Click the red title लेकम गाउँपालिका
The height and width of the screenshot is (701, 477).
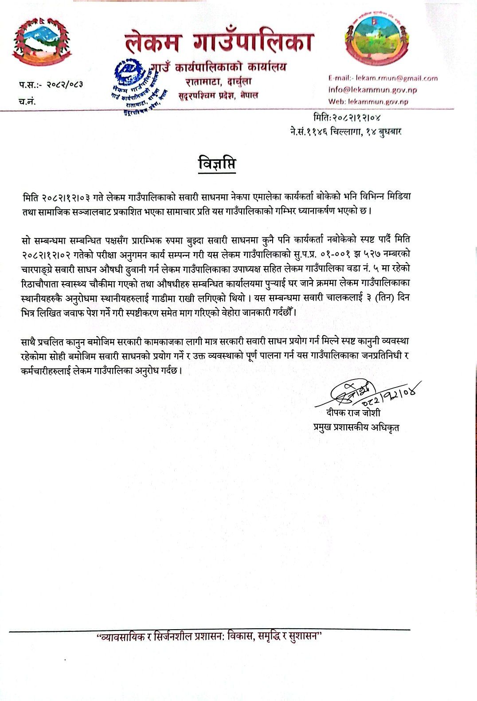click(x=219, y=42)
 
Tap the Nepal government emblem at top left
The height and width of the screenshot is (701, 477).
click(x=41, y=43)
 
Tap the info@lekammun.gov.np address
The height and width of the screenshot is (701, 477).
click(x=372, y=90)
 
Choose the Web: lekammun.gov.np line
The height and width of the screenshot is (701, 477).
click(x=368, y=101)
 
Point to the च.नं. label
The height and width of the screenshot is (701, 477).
click(x=27, y=101)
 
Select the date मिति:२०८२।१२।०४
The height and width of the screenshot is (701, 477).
click(x=347, y=117)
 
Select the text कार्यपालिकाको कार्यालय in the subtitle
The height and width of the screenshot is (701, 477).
click(x=231, y=67)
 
